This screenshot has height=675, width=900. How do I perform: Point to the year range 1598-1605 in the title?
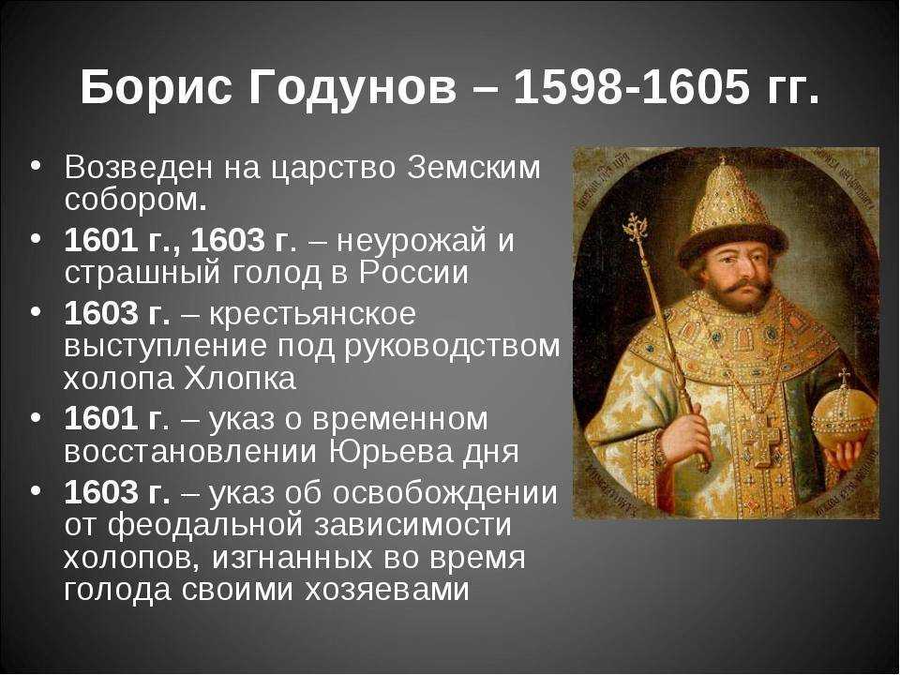coord(631,86)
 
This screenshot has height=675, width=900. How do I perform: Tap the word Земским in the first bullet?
coord(473,168)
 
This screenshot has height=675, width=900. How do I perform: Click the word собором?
coord(135,201)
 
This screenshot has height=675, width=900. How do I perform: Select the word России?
coord(413,273)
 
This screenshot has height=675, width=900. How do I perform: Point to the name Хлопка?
coord(241,378)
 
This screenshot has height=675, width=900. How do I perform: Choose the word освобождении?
coord(444,493)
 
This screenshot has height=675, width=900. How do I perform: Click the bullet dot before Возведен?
coord(36,165)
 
